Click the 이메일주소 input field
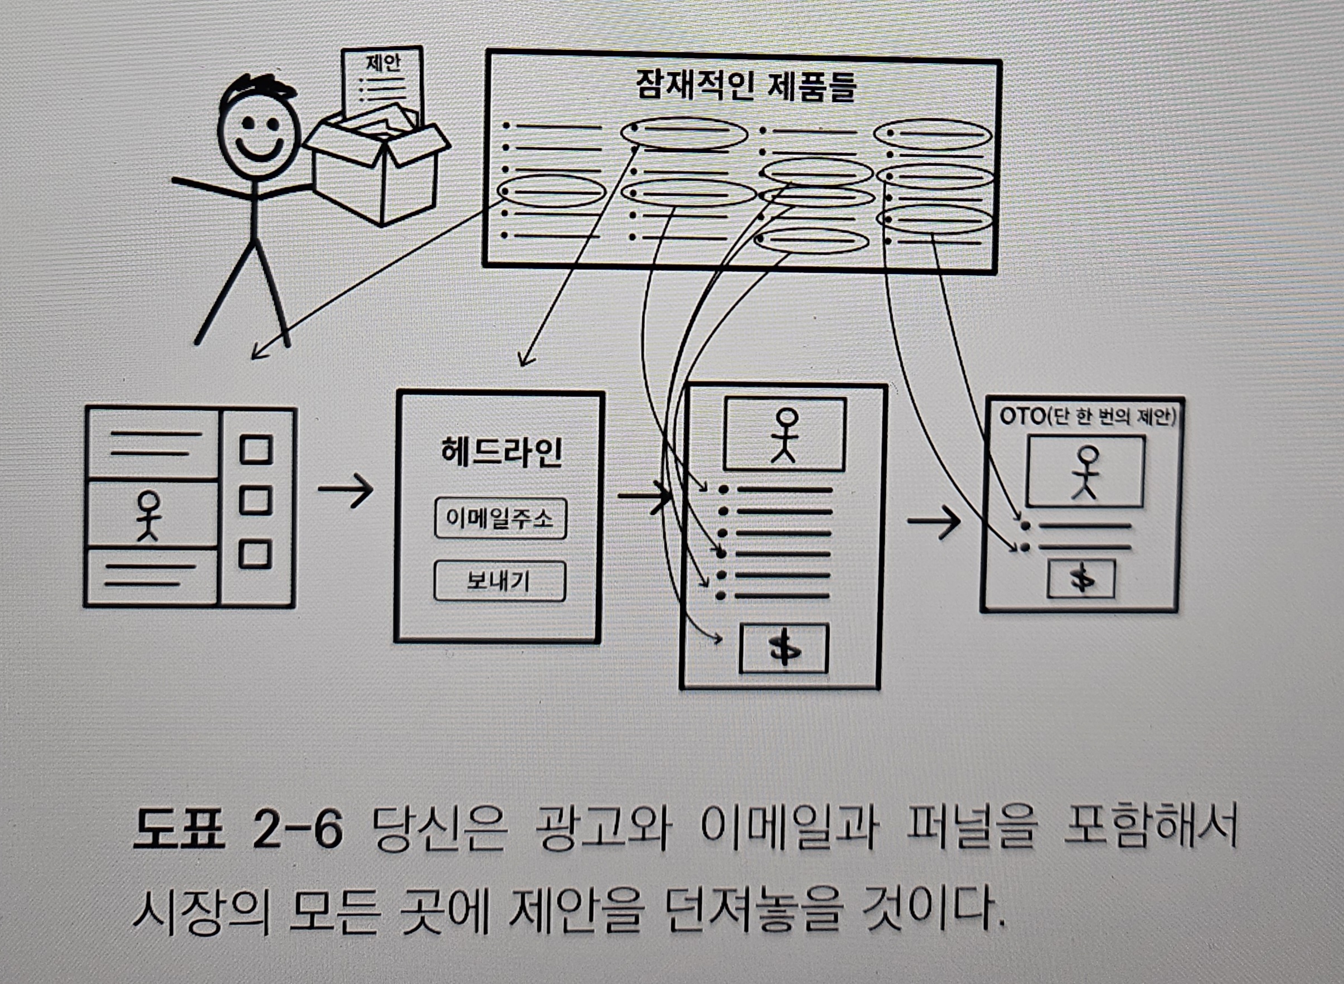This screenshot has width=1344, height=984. point(500,519)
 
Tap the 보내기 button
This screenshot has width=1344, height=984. point(499,581)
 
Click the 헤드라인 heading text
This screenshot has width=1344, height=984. point(501,452)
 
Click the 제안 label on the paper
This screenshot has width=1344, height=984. point(384,63)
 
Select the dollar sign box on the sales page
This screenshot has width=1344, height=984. point(783,649)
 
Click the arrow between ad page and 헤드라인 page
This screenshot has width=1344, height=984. point(345,490)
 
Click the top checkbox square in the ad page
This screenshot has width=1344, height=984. point(256,449)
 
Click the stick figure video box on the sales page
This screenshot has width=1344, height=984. point(784,434)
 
